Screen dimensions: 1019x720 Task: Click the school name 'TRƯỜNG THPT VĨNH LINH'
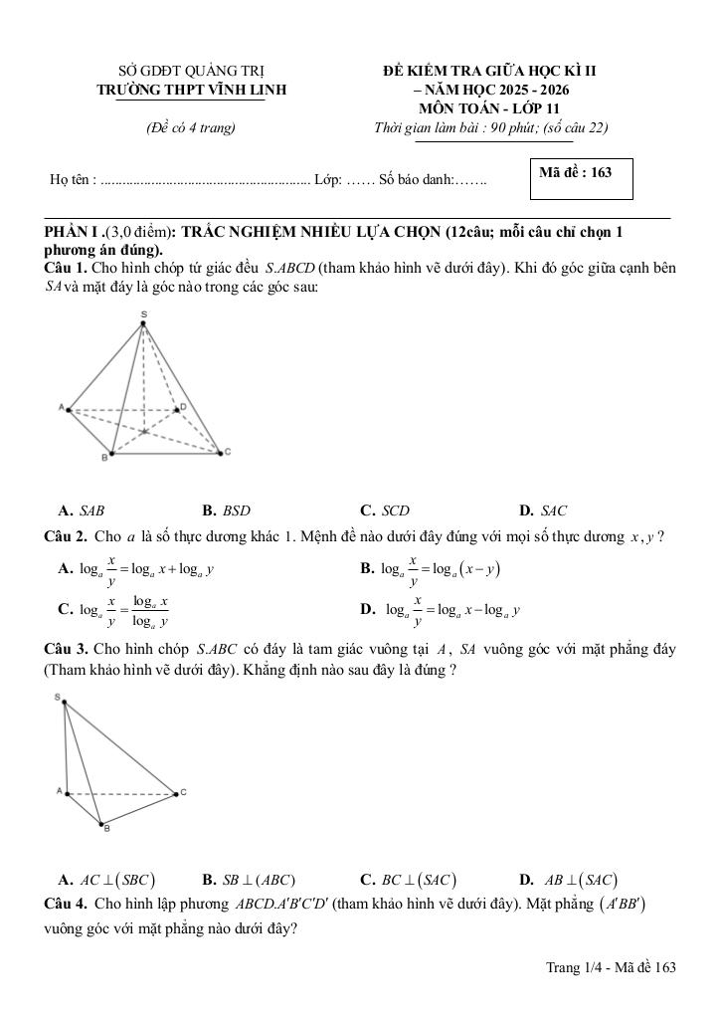(x=191, y=90)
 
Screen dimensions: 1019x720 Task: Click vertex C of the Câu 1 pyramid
(x=221, y=453)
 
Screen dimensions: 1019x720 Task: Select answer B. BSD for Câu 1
(x=226, y=511)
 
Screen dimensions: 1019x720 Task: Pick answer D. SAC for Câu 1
(x=543, y=511)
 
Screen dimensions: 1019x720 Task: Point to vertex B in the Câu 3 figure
(x=101, y=824)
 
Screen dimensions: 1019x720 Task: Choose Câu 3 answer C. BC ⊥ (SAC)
(x=408, y=880)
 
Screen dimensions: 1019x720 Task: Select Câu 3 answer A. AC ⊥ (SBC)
(x=106, y=880)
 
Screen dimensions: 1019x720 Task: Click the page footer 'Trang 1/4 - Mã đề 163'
(x=611, y=967)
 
